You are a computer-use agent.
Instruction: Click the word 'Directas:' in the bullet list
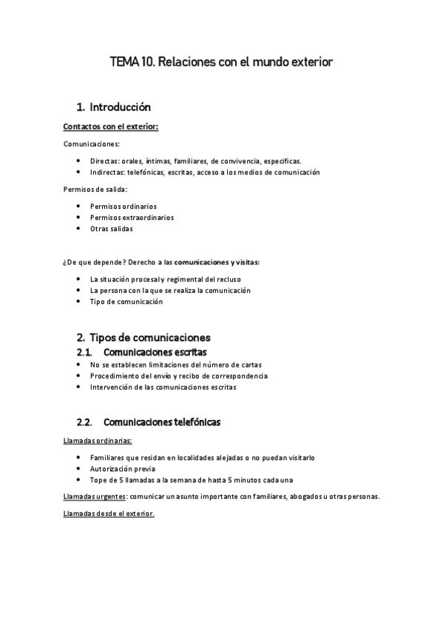tap(105, 160)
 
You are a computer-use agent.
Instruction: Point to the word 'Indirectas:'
tap(108, 172)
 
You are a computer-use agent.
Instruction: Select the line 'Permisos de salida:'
tap(95, 190)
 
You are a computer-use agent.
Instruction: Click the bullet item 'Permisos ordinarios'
tap(123, 206)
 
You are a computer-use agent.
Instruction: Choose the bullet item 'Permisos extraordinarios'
tap(132, 218)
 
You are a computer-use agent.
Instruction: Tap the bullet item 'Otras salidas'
tap(112, 229)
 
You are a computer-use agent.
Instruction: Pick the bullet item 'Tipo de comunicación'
tap(126, 301)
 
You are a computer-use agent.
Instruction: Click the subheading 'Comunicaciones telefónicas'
tap(162, 422)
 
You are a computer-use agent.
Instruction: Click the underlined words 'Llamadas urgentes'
tap(95, 496)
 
